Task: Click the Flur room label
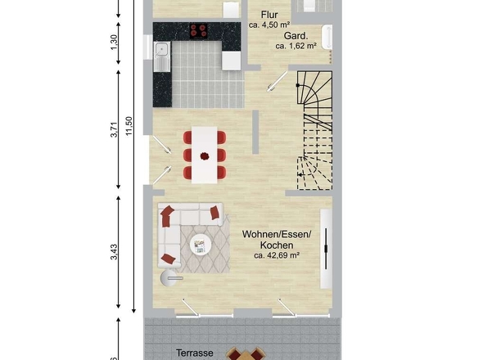(x=269, y=15)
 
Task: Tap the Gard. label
(x=296, y=36)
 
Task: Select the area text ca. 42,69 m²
(x=277, y=255)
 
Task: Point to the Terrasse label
(x=194, y=353)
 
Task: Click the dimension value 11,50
(x=129, y=126)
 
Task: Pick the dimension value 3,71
(x=114, y=129)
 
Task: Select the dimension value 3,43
(x=114, y=252)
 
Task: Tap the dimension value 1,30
(x=114, y=43)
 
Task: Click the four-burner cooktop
(x=198, y=31)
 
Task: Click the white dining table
(x=204, y=155)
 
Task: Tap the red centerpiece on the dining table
(x=205, y=156)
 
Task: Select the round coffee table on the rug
(x=201, y=244)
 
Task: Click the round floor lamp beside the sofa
(x=169, y=278)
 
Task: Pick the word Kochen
(x=277, y=245)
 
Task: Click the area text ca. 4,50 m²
(x=269, y=25)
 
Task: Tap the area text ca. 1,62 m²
(x=296, y=46)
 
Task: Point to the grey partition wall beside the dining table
(x=255, y=132)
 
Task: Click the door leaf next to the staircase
(x=278, y=81)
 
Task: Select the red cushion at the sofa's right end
(x=215, y=213)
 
